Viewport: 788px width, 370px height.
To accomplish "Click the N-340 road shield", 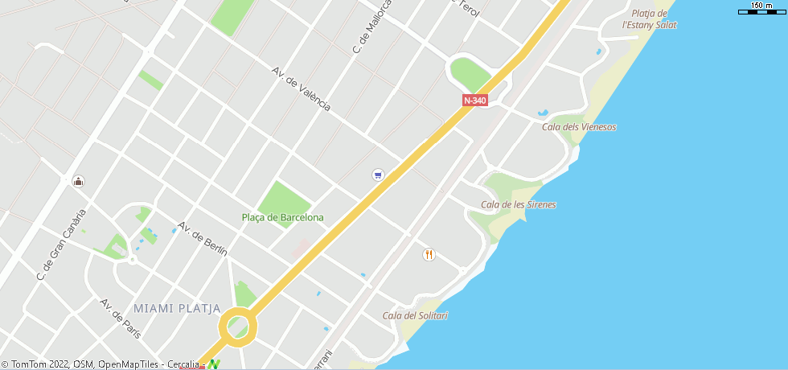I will click(x=474, y=101).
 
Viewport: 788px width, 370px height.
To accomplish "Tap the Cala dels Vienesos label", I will click(x=579, y=127).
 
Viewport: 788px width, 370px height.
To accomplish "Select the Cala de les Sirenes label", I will click(x=518, y=204).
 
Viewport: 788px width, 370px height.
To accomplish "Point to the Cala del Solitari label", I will click(x=415, y=315).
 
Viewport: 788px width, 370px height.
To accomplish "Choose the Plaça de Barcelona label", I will click(x=283, y=217).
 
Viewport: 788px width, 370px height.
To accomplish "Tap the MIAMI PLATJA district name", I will click(x=177, y=308).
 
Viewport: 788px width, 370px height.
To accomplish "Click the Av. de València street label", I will click(x=301, y=89).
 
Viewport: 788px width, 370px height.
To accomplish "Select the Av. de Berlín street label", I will click(x=203, y=239).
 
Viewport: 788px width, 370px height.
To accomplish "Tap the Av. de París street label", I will click(x=115, y=317).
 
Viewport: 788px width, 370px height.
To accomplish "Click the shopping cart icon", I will click(x=378, y=175).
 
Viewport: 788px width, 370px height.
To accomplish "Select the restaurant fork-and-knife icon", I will click(x=429, y=255).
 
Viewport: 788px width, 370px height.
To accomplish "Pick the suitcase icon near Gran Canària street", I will click(x=78, y=181).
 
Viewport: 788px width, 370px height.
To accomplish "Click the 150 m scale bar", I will click(x=761, y=8).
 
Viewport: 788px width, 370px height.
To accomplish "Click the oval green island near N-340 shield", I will click(x=470, y=74).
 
